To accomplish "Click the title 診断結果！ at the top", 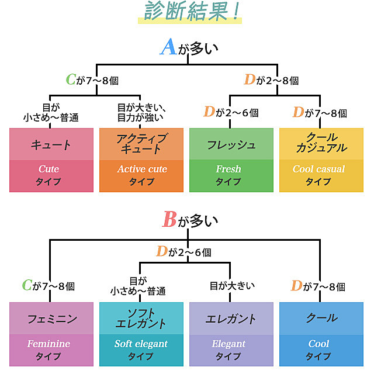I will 190,13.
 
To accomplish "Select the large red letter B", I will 169,220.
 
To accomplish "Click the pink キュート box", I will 51,160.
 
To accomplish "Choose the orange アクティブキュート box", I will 141,160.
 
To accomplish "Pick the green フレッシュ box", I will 231,160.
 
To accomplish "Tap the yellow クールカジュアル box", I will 321,160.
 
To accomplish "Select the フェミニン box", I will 51,334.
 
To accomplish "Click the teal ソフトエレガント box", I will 141,334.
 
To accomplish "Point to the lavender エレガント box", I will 231,334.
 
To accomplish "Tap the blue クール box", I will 321,334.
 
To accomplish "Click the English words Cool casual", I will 319,169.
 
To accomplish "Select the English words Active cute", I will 141,169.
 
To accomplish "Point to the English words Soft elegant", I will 141,344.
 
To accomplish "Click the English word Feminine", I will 49,344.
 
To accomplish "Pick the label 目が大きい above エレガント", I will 232,286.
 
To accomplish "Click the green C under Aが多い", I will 71,81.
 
